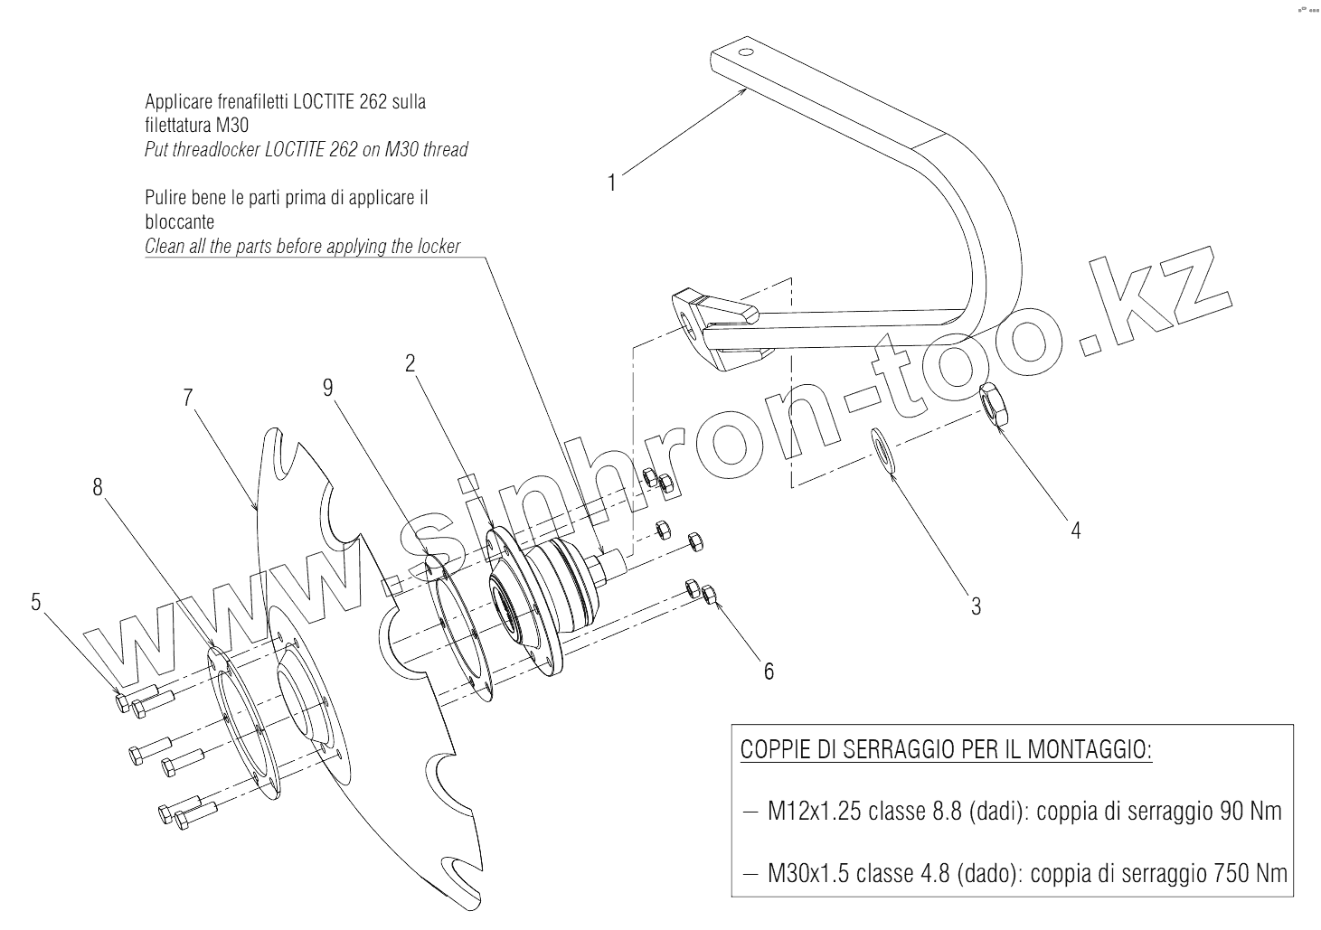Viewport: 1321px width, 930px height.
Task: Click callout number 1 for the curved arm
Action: [612, 183]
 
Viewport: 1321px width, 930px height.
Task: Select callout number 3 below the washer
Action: [976, 606]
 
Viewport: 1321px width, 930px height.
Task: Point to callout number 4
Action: [1076, 530]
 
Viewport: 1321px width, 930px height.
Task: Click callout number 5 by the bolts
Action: [35, 602]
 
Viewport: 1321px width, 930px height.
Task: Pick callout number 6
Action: [769, 672]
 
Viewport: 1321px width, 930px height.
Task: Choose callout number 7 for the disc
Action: [187, 398]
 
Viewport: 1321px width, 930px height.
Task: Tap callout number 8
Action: [98, 487]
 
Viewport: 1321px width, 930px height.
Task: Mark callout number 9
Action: [328, 387]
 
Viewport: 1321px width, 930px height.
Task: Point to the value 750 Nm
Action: [1253, 874]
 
